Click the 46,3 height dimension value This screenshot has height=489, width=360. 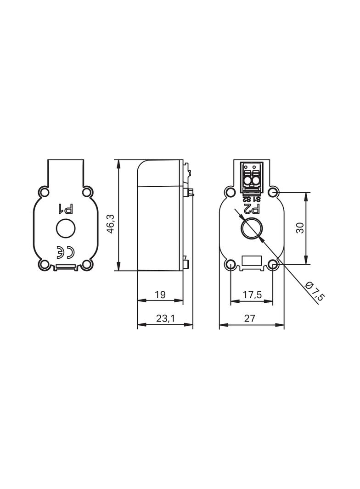112,223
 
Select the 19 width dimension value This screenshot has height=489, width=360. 160,295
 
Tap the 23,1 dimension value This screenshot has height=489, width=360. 165,318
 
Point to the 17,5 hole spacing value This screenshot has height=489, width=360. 252,295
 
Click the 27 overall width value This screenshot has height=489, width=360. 250,318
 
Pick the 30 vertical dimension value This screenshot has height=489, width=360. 300,228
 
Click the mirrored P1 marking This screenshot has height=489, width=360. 65,209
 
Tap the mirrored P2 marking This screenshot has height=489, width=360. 252,209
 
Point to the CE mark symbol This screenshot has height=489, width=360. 65,252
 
